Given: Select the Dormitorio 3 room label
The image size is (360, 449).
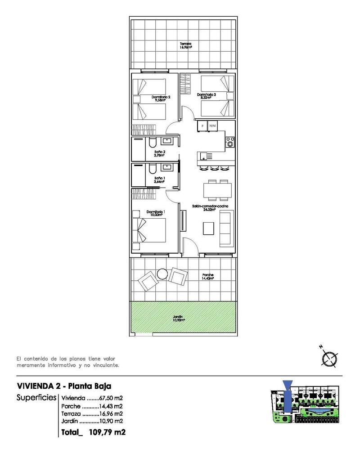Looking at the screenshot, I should (207, 96).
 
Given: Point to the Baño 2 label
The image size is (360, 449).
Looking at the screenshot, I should (159, 154).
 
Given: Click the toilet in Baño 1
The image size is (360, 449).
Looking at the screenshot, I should (152, 169).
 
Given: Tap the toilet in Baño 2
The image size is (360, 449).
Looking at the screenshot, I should (152, 144).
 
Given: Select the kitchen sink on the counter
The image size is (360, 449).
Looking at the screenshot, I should (205, 156).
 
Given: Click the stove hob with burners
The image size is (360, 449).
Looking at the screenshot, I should (229, 142).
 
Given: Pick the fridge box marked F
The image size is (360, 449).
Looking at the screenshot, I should (202, 126).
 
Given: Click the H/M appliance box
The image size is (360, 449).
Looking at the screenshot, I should (213, 126).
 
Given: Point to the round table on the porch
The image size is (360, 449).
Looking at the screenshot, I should (162, 274).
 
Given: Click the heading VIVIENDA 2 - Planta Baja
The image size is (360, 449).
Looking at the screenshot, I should (63, 386).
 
